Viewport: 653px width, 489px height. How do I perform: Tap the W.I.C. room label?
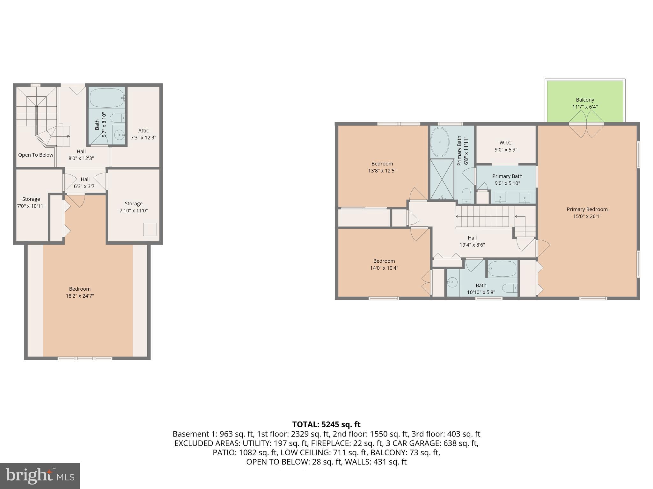pyautogui.click(x=506, y=143)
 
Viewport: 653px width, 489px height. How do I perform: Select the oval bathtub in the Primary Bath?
pyautogui.click(x=440, y=142)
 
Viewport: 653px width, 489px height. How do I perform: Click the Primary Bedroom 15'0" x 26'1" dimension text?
pyautogui.click(x=587, y=216)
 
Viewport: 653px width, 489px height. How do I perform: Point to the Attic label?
pyautogui.click(x=143, y=131)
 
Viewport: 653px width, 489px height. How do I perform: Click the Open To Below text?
pyautogui.click(x=36, y=155)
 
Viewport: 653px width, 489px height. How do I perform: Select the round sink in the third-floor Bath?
pyautogui.click(x=120, y=135)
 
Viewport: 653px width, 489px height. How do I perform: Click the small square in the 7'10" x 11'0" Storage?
pyautogui.click(x=150, y=230)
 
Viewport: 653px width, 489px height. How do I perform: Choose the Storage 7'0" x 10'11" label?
pyautogui.click(x=31, y=202)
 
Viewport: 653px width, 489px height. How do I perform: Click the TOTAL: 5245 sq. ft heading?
pyautogui.click(x=326, y=424)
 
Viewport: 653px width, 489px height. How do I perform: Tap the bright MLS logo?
pyautogui.click(x=40, y=476)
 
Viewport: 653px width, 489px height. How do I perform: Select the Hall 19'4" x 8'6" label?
pyautogui.click(x=472, y=241)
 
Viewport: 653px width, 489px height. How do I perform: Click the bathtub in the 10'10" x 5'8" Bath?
pyautogui.click(x=502, y=269)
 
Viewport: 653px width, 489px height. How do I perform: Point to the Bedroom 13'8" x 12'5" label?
pyautogui.click(x=382, y=167)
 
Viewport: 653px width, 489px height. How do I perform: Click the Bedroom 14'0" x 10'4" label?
pyautogui.click(x=384, y=264)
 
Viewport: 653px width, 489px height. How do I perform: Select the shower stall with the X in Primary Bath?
pyautogui.click(x=442, y=179)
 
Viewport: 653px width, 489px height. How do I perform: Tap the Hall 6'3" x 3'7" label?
pyautogui.click(x=85, y=183)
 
